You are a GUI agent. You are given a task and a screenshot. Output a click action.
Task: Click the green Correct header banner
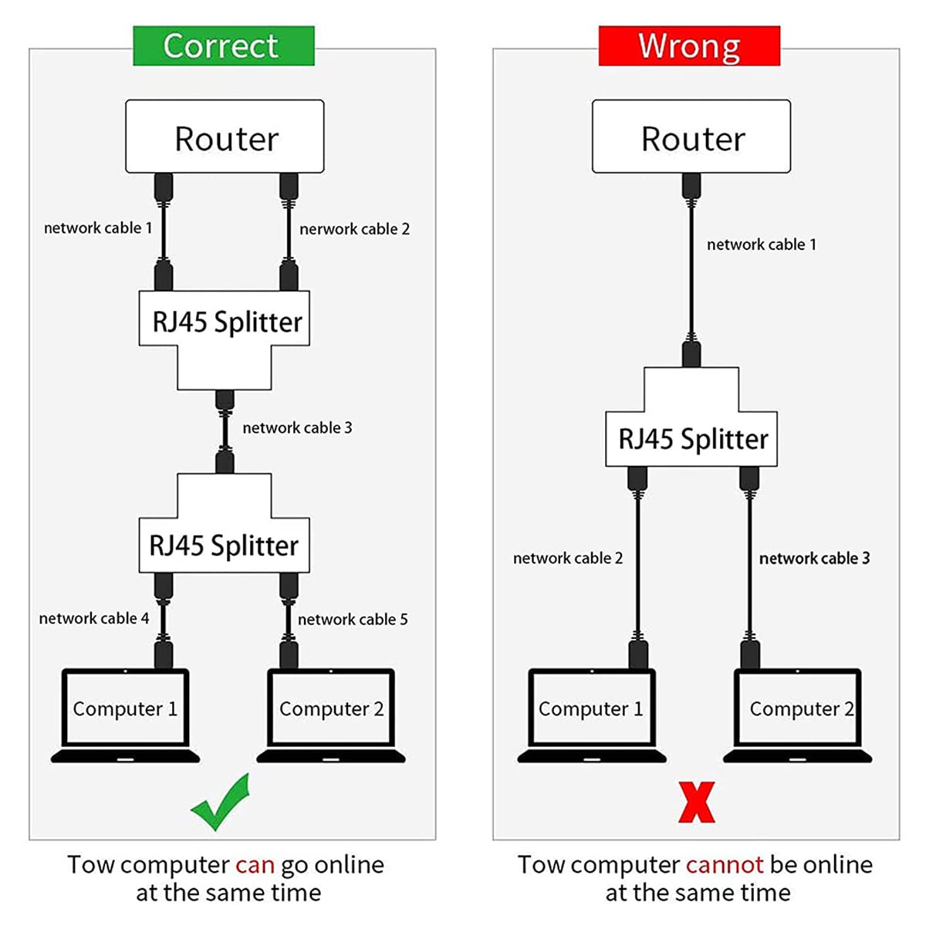pos(223,46)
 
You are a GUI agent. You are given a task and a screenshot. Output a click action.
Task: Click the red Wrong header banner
pos(689,46)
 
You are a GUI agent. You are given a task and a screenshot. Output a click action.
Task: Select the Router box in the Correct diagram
pos(225,137)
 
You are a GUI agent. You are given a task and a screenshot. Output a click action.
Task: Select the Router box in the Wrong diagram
pos(691,137)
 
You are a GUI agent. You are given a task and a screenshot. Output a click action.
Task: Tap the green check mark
pos(221,803)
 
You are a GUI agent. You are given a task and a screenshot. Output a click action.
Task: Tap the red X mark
pos(696,802)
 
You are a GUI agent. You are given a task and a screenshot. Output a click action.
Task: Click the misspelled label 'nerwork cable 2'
pos(354,229)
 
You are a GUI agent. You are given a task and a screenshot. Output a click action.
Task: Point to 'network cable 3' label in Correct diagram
pos(297,428)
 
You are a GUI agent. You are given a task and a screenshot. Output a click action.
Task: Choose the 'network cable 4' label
pos(93,619)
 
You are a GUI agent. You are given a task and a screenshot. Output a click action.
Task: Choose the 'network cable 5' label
pos(353,620)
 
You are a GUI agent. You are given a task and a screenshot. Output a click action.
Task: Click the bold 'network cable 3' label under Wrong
pos(814,559)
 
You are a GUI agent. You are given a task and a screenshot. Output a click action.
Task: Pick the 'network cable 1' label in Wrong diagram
pos(761,245)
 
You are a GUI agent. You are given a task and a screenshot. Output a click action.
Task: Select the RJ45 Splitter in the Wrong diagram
pos(691,438)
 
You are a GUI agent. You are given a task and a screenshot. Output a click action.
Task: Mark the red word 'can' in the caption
pos(255,865)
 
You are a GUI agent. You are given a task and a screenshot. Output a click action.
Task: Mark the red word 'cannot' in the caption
pos(724,865)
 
